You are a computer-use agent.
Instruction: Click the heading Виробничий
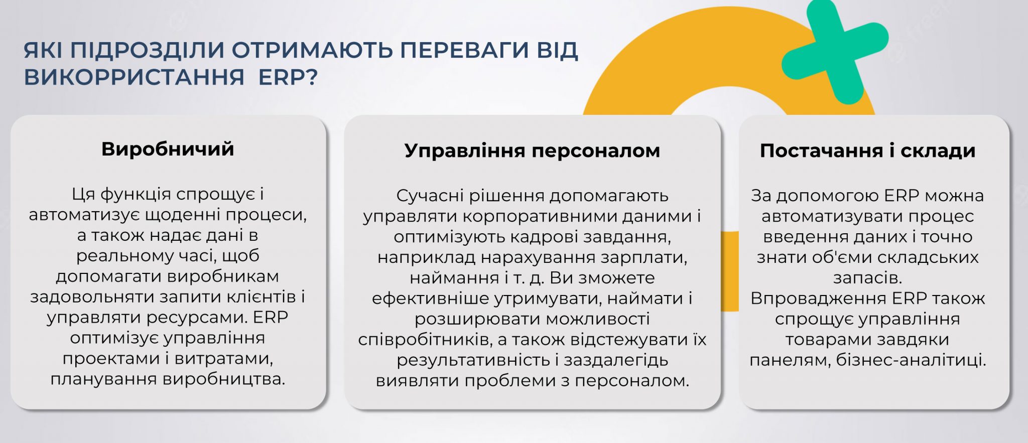[x=168, y=149]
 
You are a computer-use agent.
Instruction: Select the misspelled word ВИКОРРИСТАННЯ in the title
[x=134, y=77]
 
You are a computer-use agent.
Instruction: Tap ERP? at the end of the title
[x=288, y=77]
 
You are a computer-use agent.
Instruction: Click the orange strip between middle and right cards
[x=730, y=271]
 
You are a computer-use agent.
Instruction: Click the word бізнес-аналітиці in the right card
[x=911, y=360]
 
